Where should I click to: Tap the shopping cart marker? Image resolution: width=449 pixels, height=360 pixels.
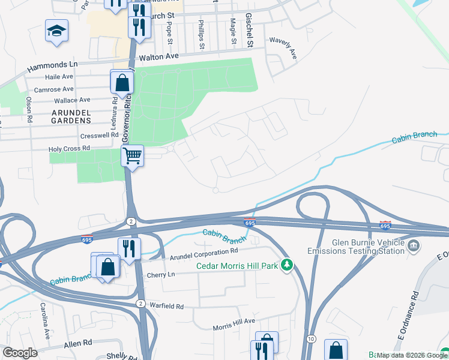(x=132, y=156)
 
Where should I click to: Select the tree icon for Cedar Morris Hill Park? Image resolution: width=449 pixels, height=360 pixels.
(x=288, y=265)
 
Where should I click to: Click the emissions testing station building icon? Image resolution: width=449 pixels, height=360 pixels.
(x=414, y=245)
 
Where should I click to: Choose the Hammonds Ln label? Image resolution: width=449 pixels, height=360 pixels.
(x=52, y=64)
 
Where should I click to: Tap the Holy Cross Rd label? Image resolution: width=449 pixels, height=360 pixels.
(x=69, y=148)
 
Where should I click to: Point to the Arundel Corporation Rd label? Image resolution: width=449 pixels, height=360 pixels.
(x=204, y=254)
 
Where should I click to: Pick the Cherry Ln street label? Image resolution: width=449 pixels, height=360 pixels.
(x=160, y=274)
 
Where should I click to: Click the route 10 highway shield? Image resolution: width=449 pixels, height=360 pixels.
(x=310, y=340)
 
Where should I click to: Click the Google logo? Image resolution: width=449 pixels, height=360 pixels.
(x=20, y=353)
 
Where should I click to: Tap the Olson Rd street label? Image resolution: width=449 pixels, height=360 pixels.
(x=28, y=109)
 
